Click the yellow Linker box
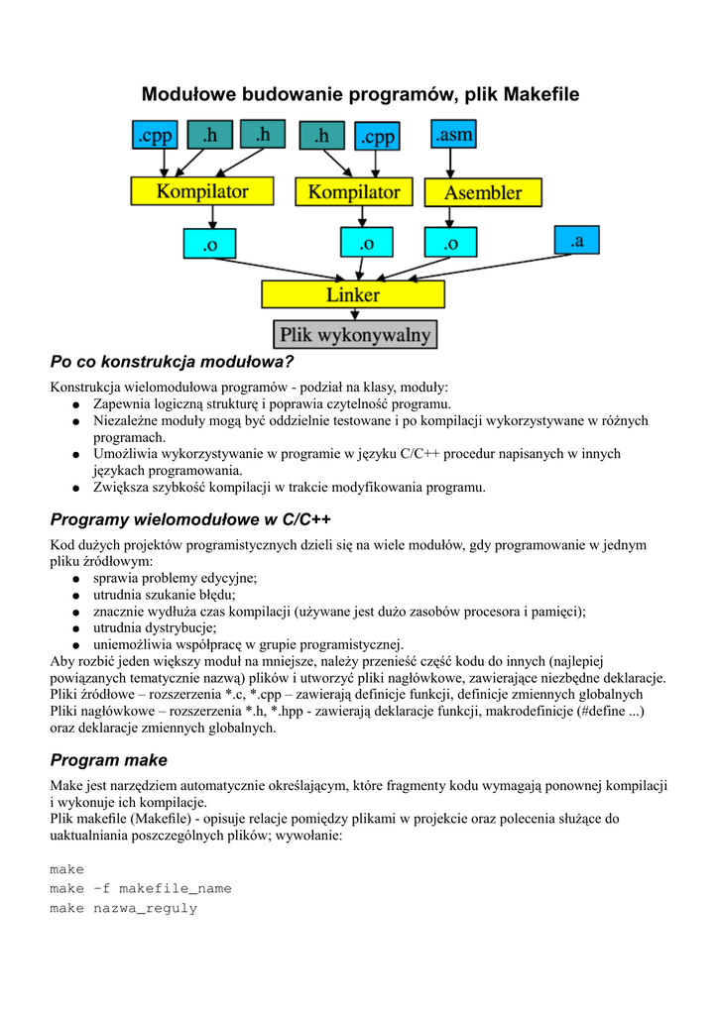point(353,294)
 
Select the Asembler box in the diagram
point(483,192)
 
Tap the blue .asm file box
point(455,135)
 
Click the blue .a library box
point(577,240)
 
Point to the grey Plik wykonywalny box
point(354,335)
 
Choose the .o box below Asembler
point(450,242)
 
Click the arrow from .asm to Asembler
point(454,164)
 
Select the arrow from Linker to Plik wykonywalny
point(354,314)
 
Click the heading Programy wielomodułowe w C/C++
point(190,519)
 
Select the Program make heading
point(109,760)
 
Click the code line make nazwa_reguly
point(124,908)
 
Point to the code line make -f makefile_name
point(141,888)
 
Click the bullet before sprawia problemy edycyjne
point(75,578)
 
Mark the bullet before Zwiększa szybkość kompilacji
point(75,488)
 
